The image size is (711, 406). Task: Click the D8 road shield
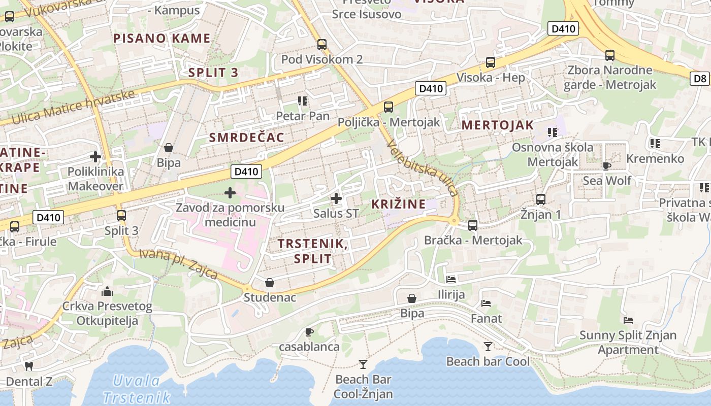pos(700,78)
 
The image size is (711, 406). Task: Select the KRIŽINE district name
pos(398,204)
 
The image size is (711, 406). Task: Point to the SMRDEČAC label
pos(247,138)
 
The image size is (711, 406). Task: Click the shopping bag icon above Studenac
pos(270,283)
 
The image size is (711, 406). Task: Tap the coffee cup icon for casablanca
pos(309,332)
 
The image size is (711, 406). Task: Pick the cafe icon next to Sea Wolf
pos(606,166)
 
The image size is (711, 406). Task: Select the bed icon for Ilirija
pos(451,279)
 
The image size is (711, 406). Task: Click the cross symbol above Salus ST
pos(336,198)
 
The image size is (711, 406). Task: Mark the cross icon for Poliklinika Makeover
pos(95,157)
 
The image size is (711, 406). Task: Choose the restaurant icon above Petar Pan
pos(303,101)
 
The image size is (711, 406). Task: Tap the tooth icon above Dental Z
pos(29,366)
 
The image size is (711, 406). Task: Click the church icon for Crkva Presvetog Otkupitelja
pos(107,291)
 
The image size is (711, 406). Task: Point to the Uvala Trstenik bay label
pos(136,389)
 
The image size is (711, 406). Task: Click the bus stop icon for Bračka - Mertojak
pos(473,225)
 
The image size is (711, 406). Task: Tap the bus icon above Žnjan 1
pos(541,199)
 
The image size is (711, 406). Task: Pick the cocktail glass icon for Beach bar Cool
pos(488,346)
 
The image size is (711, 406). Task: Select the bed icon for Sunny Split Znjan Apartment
pos(628,320)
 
